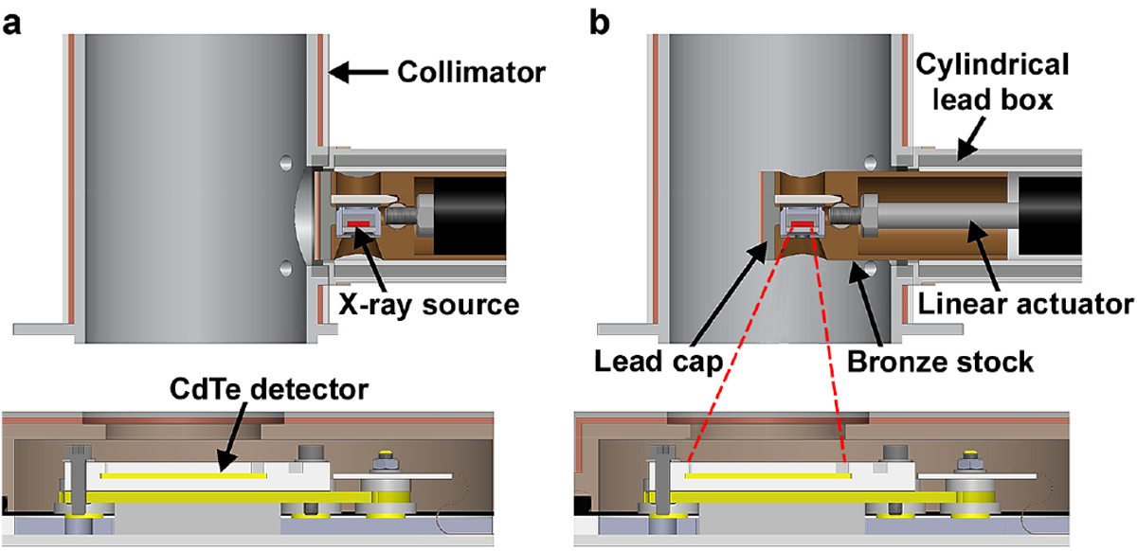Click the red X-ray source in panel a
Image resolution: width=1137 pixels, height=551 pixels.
(x=358, y=223)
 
